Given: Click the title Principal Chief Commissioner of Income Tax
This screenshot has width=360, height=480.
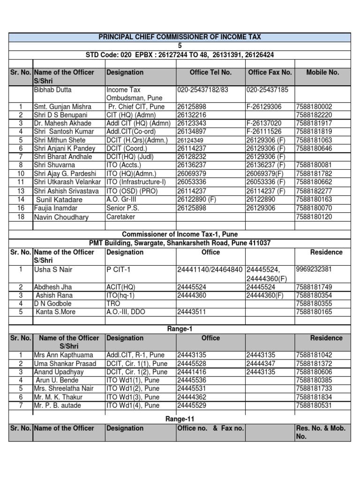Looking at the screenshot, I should (180, 37).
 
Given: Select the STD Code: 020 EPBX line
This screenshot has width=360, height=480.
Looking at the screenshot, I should (180, 55).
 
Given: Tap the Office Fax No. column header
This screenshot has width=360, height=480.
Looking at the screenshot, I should (270, 72).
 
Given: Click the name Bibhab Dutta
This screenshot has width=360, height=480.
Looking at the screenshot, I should (52, 90).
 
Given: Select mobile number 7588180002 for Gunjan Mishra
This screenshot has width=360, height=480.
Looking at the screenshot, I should (314, 107).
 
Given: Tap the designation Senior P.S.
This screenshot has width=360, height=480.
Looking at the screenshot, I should (123, 208).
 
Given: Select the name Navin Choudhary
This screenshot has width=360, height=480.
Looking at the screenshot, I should (61, 217).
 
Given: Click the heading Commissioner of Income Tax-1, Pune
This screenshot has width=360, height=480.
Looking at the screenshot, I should (180, 234).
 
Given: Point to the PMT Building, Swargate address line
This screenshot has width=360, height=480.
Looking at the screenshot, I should (180, 243).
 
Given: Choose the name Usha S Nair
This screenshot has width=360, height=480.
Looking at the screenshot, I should (53, 270).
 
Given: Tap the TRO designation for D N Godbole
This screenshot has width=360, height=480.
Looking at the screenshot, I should (114, 304).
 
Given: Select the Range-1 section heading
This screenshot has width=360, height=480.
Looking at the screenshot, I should (180, 329).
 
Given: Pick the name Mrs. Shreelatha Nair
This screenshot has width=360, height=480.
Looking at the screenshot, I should (63, 389).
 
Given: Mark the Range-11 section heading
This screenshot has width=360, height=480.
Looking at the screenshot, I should (180, 419).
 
